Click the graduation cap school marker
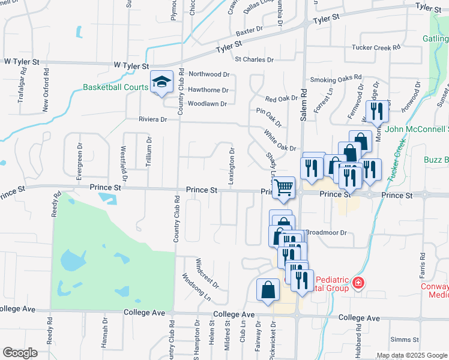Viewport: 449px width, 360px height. [x=161, y=82]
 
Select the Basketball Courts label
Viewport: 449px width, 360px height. [x=116, y=88]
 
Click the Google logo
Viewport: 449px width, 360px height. [x=20, y=353]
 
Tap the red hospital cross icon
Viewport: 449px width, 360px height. [x=358, y=282]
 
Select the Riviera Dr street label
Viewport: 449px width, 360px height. [x=152, y=119]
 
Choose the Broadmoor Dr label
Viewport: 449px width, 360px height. [x=327, y=232]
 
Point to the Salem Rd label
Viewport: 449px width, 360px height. [x=304, y=103]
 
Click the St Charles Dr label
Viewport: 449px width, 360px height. [x=254, y=60]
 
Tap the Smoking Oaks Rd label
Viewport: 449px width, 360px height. [x=336, y=79]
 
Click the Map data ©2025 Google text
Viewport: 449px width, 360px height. [x=412, y=355]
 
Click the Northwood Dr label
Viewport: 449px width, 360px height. [x=209, y=74]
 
